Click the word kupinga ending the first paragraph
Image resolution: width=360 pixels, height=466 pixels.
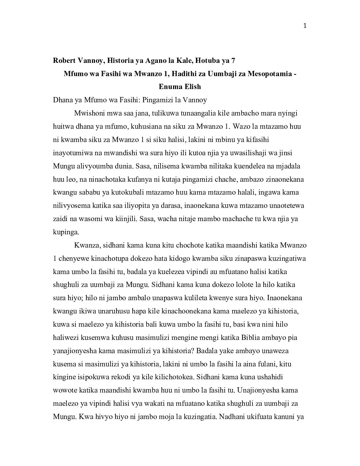coord(66,232)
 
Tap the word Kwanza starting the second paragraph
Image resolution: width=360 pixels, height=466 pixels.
coord(86,245)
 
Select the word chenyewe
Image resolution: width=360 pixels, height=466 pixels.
coord(71,258)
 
